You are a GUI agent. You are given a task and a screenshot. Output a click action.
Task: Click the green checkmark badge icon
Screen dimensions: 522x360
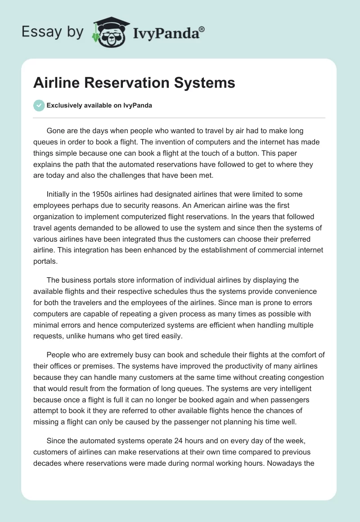coord(39,105)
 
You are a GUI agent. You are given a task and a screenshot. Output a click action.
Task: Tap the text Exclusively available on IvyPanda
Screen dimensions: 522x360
coord(99,105)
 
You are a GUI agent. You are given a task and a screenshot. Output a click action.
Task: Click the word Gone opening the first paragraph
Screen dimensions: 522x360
coord(56,131)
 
